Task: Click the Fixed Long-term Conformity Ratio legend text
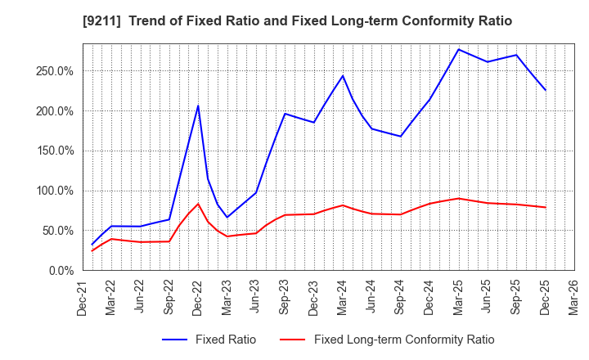[404, 340]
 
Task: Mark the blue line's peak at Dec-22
[198, 106]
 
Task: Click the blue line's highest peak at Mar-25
[459, 49]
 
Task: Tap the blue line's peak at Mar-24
[343, 76]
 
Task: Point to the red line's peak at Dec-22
[198, 204]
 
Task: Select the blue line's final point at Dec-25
[546, 90]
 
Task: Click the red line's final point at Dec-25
[546, 207]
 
